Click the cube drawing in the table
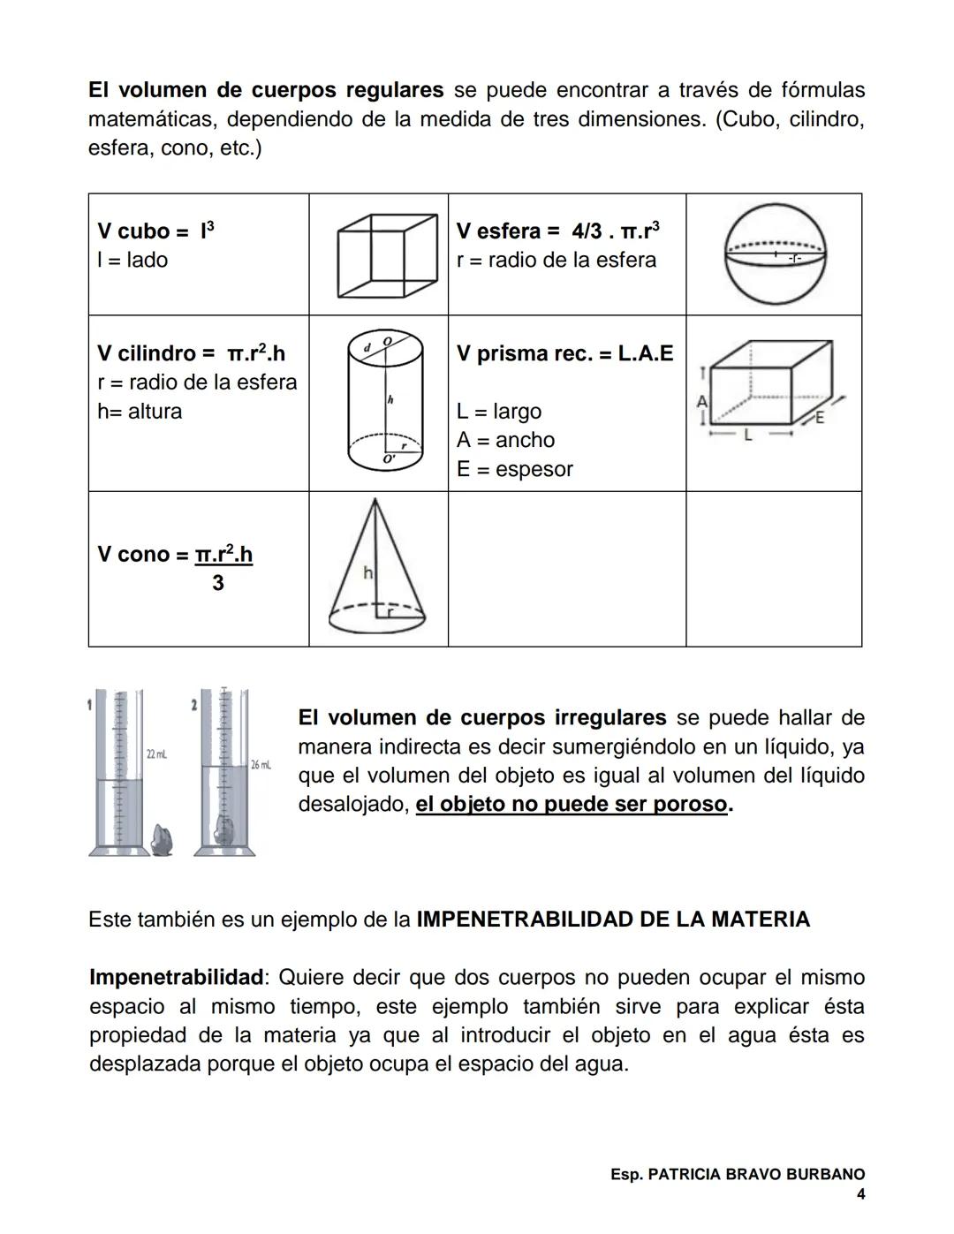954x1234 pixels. coord(387,254)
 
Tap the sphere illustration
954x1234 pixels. coord(775,254)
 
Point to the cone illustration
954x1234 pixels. coord(378,568)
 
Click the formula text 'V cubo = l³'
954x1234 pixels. coord(155,231)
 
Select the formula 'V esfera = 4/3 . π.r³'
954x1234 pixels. coord(557,231)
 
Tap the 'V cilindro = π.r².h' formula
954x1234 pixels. coord(191,353)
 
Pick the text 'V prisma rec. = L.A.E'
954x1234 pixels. coord(564,353)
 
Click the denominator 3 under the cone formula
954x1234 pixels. coord(217,583)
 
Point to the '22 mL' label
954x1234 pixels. coord(156,754)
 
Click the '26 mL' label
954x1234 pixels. coord(261,764)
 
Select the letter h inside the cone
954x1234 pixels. coord(368,573)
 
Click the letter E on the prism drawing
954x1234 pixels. coord(819,418)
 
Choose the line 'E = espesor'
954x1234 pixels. coord(514,469)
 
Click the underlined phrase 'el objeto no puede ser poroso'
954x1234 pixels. coord(572,805)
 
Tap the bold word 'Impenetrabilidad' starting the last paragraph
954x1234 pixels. coord(176,978)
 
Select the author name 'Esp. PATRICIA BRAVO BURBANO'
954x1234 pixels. coord(737,1175)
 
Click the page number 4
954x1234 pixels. coord(860,1194)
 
